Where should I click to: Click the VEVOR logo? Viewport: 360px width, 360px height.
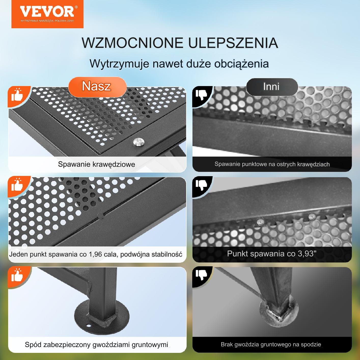47,14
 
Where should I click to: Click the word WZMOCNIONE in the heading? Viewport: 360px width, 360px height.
132,43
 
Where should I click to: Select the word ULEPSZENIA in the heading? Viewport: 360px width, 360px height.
233,43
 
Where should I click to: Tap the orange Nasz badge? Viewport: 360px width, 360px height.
98,87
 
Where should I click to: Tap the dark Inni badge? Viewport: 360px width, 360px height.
272,87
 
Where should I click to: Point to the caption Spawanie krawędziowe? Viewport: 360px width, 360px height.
96,164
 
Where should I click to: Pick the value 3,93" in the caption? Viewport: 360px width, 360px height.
307,254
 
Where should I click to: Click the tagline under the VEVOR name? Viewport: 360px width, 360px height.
47,21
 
